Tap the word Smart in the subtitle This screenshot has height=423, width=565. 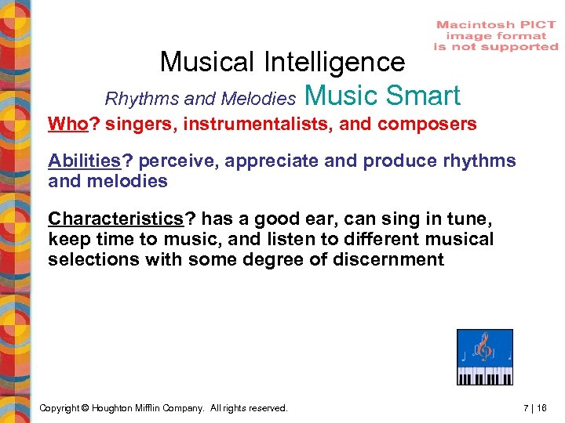(423, 96)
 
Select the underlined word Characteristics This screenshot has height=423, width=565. (115, 219)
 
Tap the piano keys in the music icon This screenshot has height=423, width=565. (485, 375)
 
